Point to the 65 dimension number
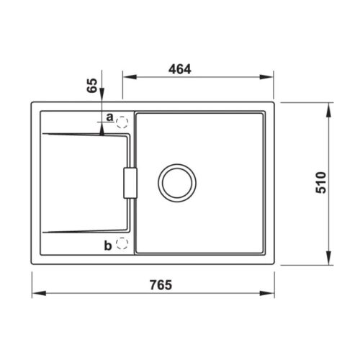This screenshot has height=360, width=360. pos(91,87)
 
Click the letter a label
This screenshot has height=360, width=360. pos(109,116)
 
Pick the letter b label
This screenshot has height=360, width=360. pos(107,246)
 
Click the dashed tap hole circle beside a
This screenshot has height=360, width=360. pos(122,121)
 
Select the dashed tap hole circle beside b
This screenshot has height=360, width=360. pos(122,243)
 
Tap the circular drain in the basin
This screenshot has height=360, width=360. pos(176,182)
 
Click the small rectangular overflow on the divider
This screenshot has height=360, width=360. pos(130,182)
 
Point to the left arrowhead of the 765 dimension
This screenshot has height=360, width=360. pos(37,293)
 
